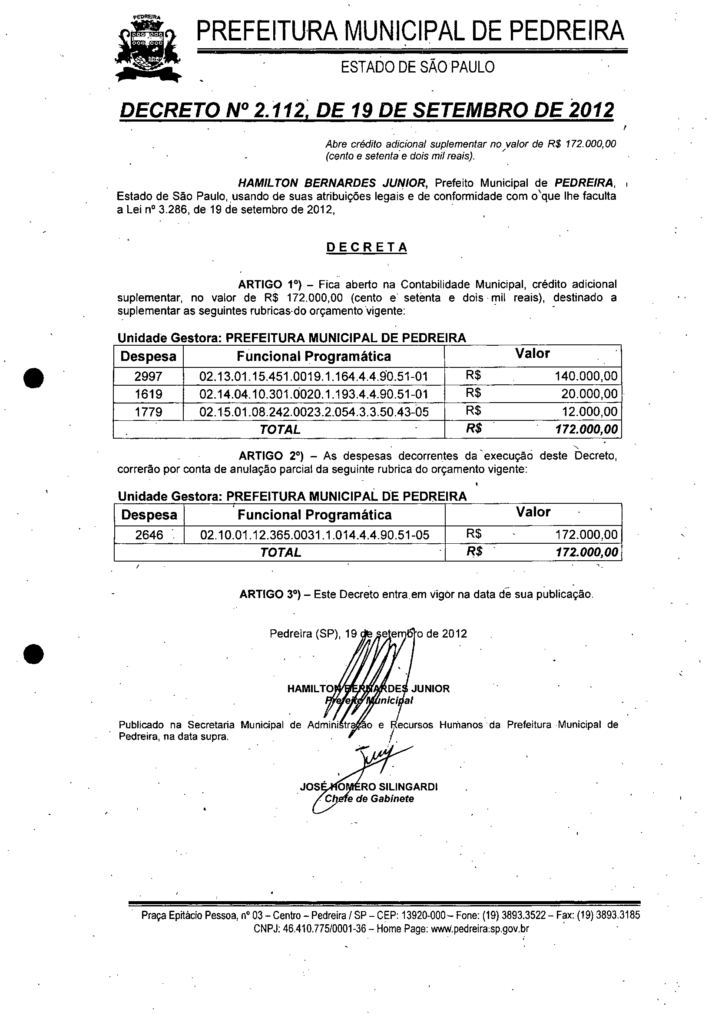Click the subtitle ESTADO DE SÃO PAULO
click(417, 67)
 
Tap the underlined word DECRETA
click(366, 248)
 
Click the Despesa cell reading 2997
click(148, 377)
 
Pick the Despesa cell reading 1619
click(148, 394)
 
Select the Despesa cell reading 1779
click(148, 412)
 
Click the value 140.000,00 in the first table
click(586, 377)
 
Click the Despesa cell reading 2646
click(149, 535)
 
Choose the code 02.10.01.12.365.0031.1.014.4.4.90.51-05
click(314, 535)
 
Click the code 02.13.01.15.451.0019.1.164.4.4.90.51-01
click(314, 377)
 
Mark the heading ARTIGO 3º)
click(270, 594)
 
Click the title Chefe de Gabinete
click(369, 799)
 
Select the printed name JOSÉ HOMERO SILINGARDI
click(369, 787)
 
